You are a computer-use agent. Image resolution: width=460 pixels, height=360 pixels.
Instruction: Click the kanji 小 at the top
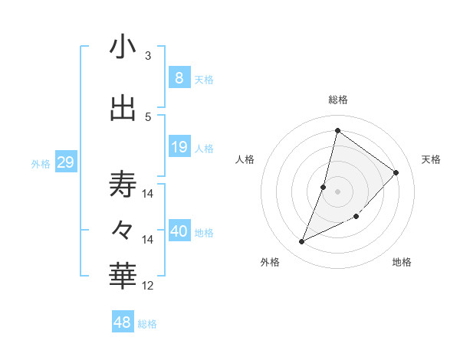[123, 47]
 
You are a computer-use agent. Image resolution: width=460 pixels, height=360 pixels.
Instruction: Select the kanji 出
[123, 108]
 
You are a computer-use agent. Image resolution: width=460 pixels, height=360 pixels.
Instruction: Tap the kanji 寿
[123, 184]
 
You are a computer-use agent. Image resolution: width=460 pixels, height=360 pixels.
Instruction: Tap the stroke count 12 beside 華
[148, 286]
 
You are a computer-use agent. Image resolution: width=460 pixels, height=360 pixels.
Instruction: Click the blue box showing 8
[179, 77]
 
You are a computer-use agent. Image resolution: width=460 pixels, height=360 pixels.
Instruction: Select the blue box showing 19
[179, 147]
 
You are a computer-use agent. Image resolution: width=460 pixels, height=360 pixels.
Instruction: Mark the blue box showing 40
[179, 231]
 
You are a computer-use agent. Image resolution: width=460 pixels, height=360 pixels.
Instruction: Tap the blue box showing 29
[65, 162]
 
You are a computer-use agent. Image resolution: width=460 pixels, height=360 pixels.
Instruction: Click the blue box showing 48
[123, 322]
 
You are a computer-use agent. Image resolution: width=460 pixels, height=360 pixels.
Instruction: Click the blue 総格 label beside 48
[147, 324]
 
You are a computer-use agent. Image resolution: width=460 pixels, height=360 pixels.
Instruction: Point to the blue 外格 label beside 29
[41, 164]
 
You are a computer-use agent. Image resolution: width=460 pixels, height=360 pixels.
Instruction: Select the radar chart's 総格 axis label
[337, 100]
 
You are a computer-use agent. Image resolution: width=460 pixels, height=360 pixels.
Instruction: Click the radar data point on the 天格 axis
[396, 172]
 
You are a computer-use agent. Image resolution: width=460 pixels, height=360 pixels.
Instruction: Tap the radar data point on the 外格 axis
[301, 242]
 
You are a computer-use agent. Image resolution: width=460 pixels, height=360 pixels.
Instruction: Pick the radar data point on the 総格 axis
[337, 130]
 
